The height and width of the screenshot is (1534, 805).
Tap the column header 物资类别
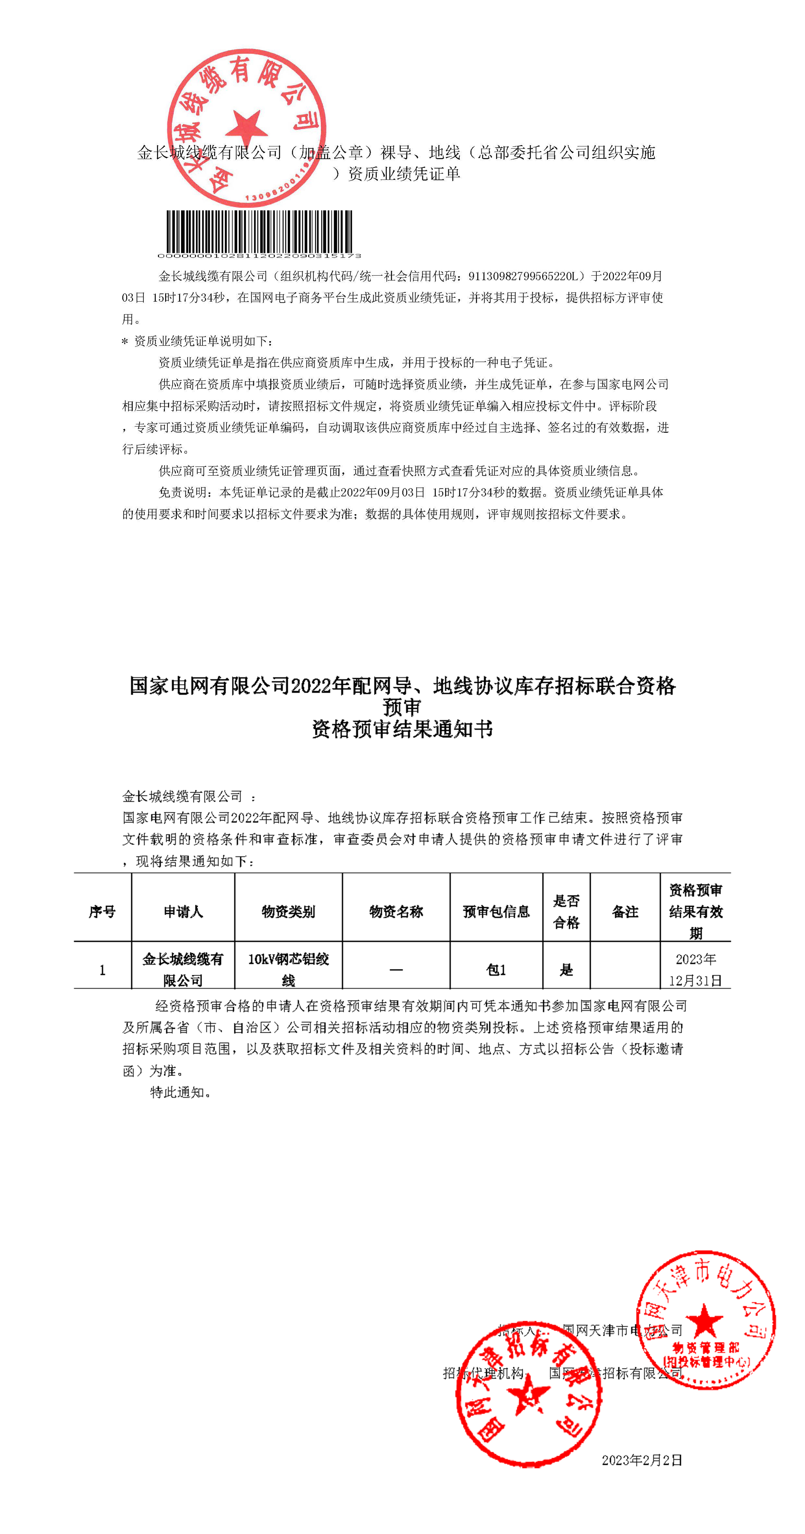click(x=288, y=911)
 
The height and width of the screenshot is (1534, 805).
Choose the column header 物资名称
click(x=396, y=911)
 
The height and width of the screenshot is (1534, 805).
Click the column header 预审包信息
click(x=496, y=911)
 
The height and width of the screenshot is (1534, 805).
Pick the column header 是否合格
click(x=566, y=911)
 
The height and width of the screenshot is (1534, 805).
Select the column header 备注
click(x=625, y=911)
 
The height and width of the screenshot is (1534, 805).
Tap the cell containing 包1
click(x=496, y=970)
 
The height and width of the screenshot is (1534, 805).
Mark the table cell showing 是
click(x=566, y=970)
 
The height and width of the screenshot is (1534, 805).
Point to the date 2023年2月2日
click(x=641, y=1460)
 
